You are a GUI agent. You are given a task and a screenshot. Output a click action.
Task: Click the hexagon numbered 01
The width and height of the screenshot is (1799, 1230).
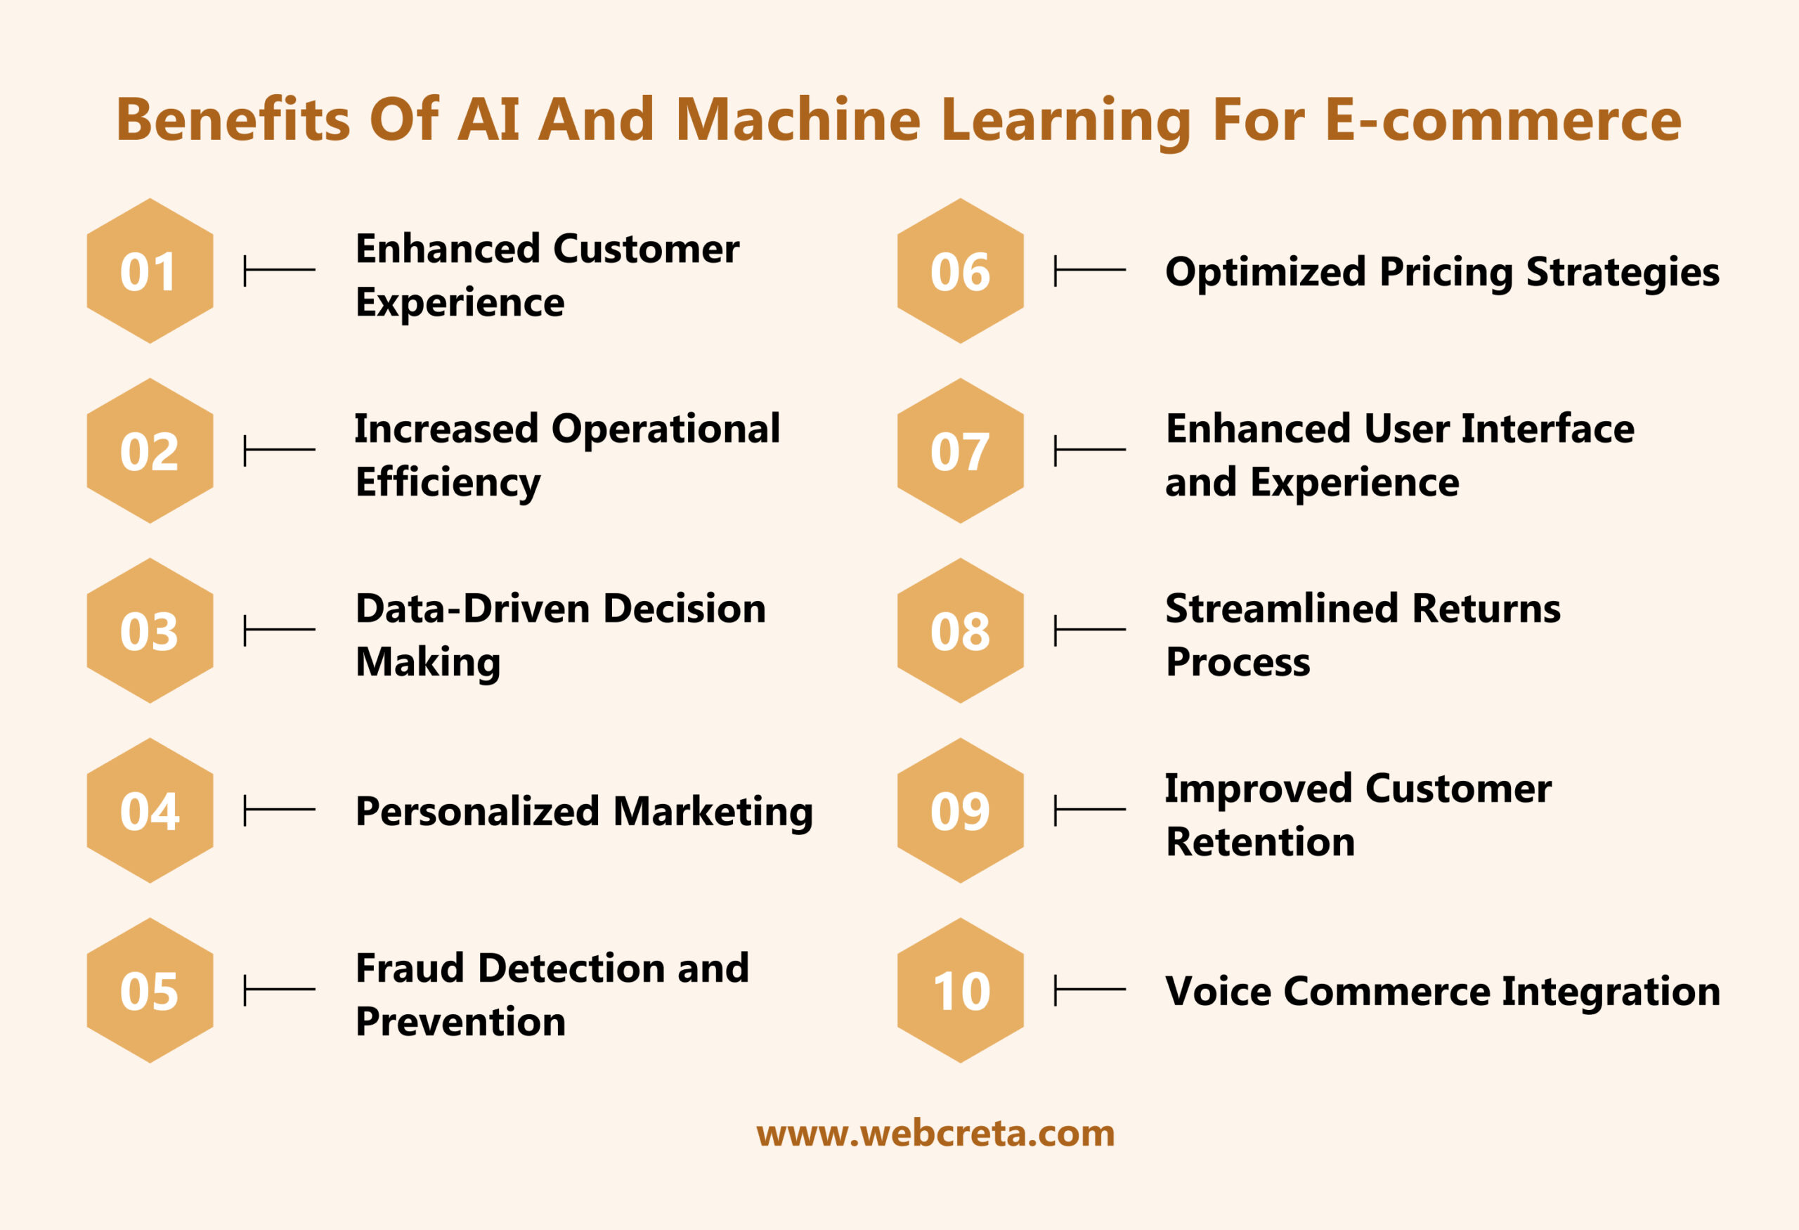pos(150,271)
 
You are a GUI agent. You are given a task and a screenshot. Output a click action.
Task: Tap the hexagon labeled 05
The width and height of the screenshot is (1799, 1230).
pos(150,990)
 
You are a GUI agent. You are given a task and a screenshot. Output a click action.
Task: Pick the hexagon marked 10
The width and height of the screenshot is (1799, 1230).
pos(961,990)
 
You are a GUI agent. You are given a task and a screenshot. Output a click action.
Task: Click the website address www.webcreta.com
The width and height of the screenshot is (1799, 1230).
pos(936,1133)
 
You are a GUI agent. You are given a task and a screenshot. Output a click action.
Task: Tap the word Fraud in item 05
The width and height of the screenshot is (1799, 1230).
pos(410,969)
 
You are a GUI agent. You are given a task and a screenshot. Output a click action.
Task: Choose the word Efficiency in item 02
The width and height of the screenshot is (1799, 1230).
pos(448,483)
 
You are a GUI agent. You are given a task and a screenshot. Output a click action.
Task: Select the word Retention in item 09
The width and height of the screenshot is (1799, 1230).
pos(1260,842)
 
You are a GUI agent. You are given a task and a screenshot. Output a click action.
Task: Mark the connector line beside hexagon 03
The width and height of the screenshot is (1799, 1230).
pos(280,630)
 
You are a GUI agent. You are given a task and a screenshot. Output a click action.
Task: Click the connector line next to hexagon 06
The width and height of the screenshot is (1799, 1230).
pos(1090,270)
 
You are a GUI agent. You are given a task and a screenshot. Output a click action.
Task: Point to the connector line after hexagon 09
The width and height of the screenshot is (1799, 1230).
pos(1090,810)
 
